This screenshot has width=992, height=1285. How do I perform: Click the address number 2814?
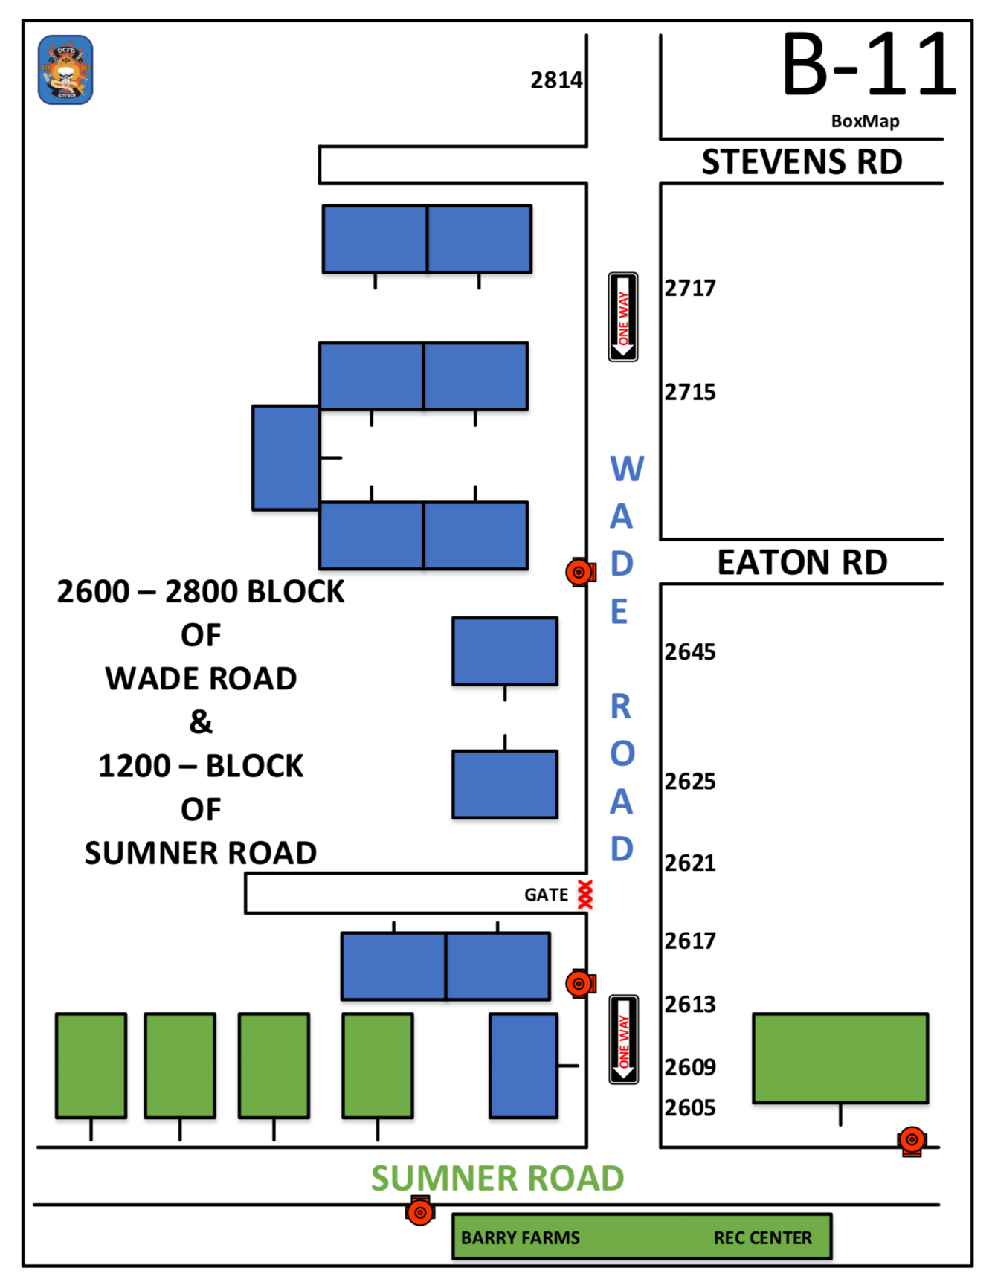pyautogui.click(x=555, y=80)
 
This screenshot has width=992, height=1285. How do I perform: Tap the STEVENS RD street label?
pyautogui.click(x=802, y=162)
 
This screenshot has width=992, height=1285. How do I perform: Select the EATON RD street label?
pyautogui.click(x=802, y=562)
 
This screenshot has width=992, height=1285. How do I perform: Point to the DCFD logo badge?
pyautogui.click(x=65, y=70)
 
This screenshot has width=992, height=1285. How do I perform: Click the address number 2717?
pyautogui.click(x=690, y=289)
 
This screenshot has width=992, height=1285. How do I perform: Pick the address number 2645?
pyautogui.click(x=690, y=652)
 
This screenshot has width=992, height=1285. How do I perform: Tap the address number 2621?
pyautogui.click(x=690, y=863)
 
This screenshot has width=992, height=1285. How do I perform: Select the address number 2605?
pyautogui.click(x=690, y=1108)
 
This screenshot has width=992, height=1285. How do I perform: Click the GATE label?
pyautogui.click(x=546, y=895)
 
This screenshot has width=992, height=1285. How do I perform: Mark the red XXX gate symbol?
pyautogui.click(x=585, y=895)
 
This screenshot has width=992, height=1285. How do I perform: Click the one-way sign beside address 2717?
pyautogui.click(x=623, y=317)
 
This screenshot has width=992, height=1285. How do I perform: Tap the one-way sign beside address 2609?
pyautogui.click(x=623, y=1040)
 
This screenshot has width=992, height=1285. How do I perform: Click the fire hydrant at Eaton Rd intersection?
pyautogui.click(x=579, y=572)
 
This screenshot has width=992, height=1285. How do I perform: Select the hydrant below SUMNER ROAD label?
pyautogui.click(x=420, y=1211)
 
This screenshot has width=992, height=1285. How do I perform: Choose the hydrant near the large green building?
pyautogui.click(x=912, y=1140)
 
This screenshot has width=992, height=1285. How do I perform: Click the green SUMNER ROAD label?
pyautogui.click(x=497, y=1179)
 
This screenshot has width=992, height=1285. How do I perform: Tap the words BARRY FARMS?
pyautogui.click(x=520, y=1238)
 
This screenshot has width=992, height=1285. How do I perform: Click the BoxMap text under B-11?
pyautogui.click(x=865, y=121)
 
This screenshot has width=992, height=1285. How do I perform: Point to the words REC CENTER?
pyautogui.click(x=762, y=1238)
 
